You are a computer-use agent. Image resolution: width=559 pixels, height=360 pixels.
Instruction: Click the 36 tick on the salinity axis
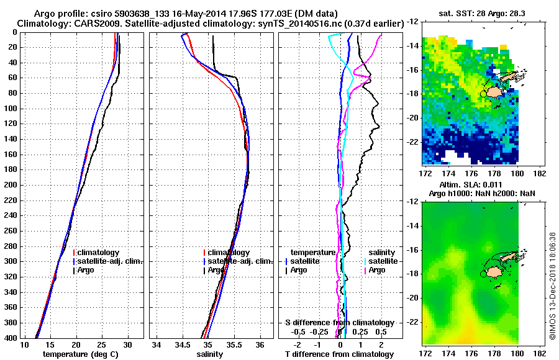coord(260,344)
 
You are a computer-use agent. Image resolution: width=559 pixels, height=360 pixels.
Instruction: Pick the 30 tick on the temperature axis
coord(127,344)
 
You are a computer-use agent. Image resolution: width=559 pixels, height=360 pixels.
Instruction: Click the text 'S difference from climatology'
coord(339,323)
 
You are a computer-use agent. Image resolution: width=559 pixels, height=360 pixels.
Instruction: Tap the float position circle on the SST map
coord(483,94)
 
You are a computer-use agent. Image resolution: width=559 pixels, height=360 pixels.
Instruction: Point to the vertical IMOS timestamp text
coord(552,286)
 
